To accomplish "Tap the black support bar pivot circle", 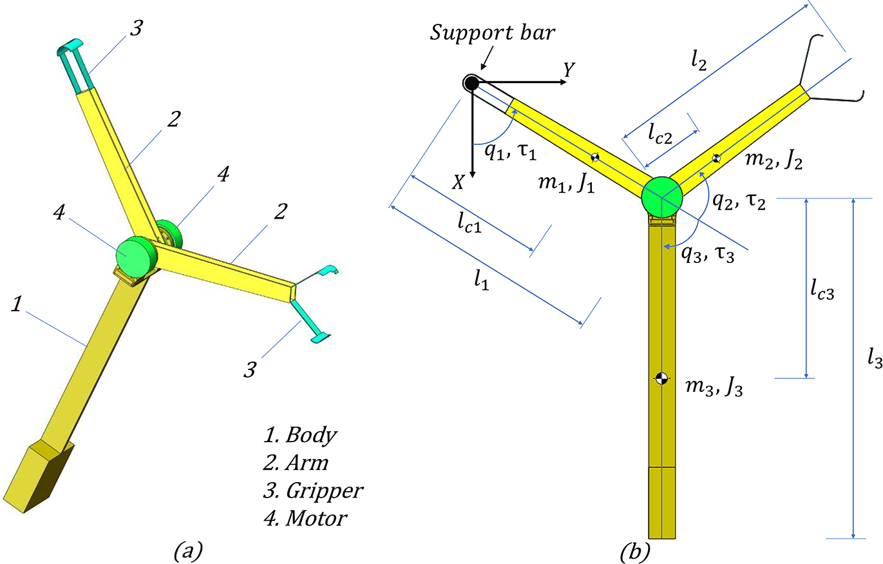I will coord(471,83).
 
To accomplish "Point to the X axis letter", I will coord(458,183).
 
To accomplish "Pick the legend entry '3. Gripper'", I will coord(314,489).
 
